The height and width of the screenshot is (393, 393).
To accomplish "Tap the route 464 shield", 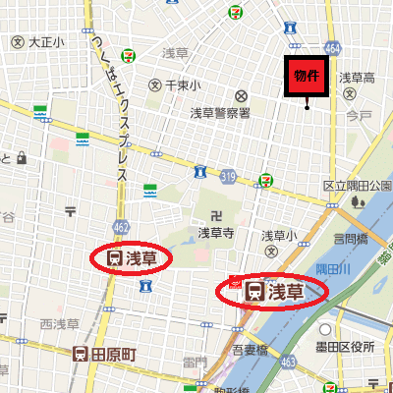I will click(x=333, y=46).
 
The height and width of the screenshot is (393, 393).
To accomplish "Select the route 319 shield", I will click(x=228, y=177).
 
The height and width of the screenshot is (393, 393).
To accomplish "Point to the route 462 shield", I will click(x=121, y=227).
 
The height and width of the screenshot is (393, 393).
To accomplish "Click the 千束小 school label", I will click(x=183, y=85).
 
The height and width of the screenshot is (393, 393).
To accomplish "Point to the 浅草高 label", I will click(x=358, y=78).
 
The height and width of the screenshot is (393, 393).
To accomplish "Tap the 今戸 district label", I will click(x=359, y=116).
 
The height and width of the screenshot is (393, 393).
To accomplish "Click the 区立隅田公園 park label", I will click(x=358, y=186).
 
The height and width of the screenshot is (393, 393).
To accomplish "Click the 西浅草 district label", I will click(x=59, y=323).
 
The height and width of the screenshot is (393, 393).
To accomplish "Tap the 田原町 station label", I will click(x=106, y=352).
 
